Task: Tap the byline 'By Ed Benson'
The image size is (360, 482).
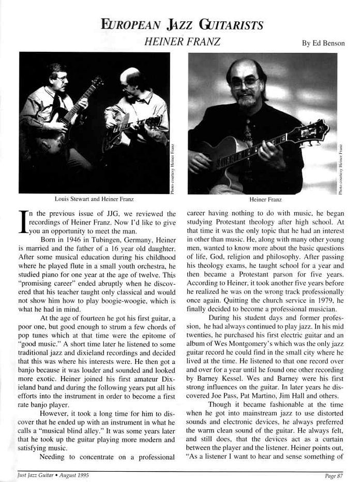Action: [x=323, y=43]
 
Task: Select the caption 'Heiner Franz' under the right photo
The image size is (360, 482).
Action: [x=262, y=199]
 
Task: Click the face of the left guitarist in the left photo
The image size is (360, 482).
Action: [x=59, y=79]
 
